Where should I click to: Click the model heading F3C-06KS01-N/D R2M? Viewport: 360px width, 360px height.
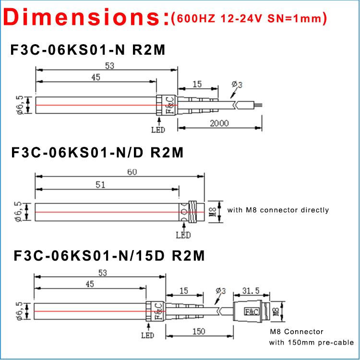97,153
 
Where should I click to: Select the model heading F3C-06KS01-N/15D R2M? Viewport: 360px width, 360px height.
109,255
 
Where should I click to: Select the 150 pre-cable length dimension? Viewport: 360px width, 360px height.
198,331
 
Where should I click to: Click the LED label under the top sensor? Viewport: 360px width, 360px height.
158,130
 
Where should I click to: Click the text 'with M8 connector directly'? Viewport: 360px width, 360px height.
278,210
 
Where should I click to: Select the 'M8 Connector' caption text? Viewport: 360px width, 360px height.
296,332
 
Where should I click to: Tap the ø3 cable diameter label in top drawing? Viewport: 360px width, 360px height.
237,85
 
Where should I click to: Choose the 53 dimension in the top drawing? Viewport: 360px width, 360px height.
109,67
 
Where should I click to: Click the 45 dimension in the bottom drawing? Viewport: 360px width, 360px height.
90,284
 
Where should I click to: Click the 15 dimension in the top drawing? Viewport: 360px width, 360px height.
197,84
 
